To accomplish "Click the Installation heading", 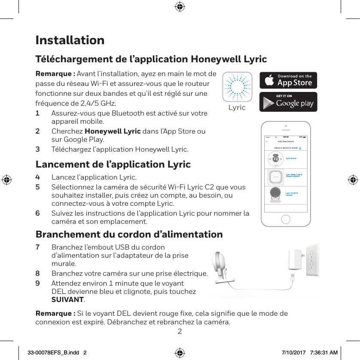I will point(70,40).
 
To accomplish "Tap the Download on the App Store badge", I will point(288,80).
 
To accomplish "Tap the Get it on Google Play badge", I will point(288,102).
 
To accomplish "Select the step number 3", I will point(38,149).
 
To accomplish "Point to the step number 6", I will point(38,213).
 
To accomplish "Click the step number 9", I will point(38,284).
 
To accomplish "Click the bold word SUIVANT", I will point(67,299).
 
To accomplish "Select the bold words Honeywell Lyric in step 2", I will point(113,131).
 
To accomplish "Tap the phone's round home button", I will point(286,220).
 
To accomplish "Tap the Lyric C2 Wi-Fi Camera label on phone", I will point(292,194).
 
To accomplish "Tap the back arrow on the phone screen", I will point(267,141).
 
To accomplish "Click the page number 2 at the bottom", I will point(180,331).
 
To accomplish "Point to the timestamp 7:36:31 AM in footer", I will point(321,352).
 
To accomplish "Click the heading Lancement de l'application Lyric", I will point(113,165).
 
